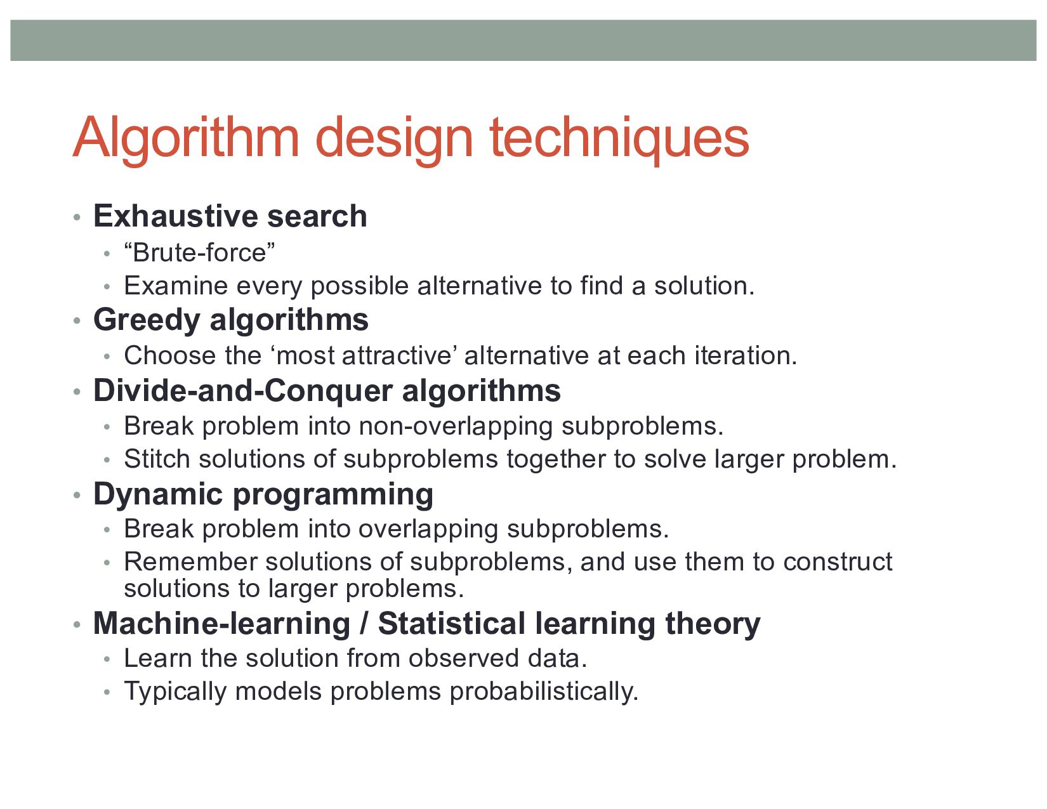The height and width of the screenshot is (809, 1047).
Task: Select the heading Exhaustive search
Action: tap(230, 216)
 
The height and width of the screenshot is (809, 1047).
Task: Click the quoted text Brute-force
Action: tap(199, 253)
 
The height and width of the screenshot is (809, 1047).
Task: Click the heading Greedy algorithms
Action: tap(230, 320)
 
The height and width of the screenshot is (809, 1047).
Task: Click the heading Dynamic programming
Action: tap(263, 494)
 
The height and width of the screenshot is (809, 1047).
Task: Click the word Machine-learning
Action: tap(221, 624)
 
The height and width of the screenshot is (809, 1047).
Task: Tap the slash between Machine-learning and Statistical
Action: tap(364, 624)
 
